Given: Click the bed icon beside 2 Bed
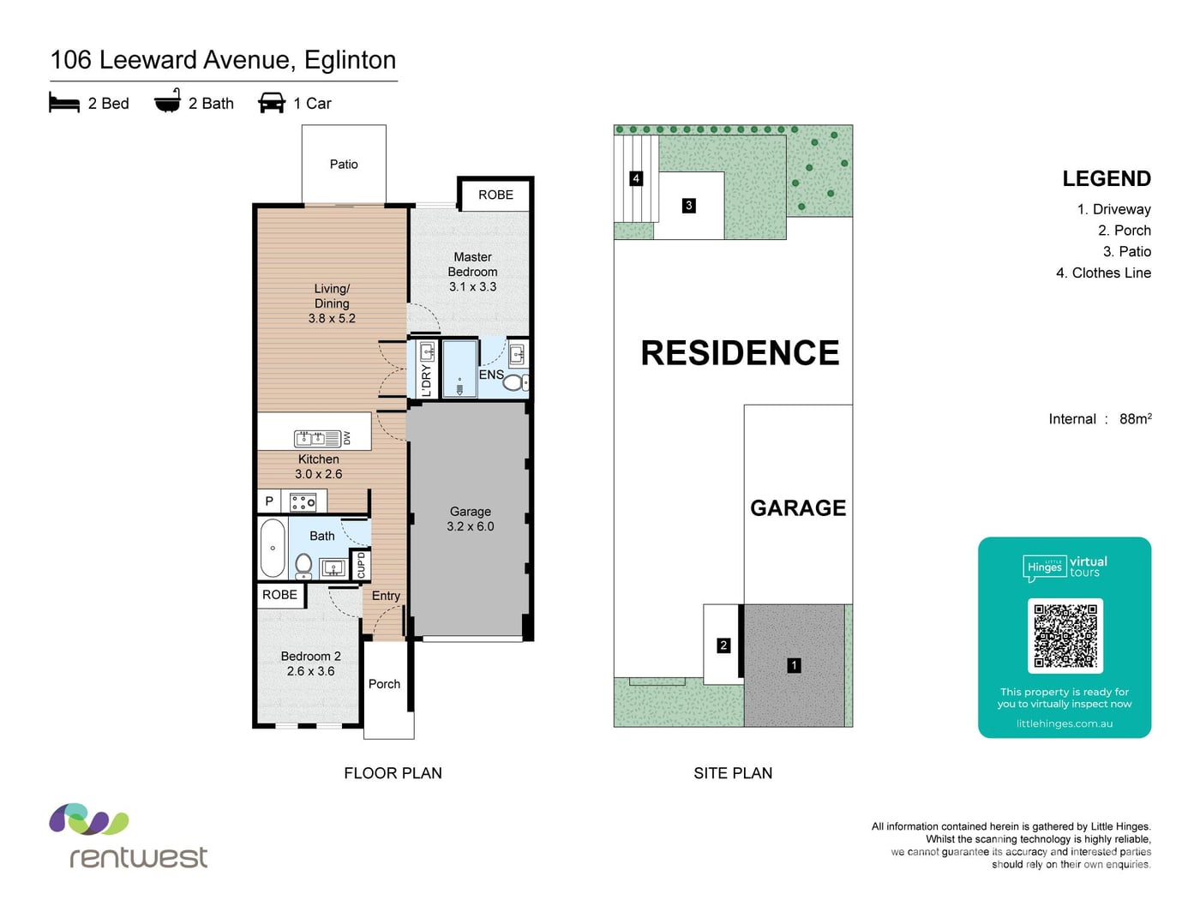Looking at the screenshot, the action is (x=64, y=102).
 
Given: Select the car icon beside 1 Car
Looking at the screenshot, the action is (x=271, y=103).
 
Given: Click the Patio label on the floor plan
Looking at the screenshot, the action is (x=344, y=164).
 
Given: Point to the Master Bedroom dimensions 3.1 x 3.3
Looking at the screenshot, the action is (x=472, y=286).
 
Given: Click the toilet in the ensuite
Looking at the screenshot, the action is (x=514, y=382).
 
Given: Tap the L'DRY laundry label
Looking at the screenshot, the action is (x=426, y=381).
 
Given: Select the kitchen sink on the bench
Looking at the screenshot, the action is (x=316, y=438).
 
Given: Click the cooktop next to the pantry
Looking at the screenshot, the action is (x=303, y=502).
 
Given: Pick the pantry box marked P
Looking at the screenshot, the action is (x=269, y=501).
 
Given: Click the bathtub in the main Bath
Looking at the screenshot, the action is (x=273, y=548).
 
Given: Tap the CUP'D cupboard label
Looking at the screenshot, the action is (x=361, y=565).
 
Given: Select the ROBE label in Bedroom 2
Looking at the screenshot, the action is (x=279, y=595).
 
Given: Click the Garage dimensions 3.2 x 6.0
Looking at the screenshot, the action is (x=471, y=526).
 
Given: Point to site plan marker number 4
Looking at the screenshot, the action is (x=635, y=178).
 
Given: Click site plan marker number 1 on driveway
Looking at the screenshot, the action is (x=794, y=666).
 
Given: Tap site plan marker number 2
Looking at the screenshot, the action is (x=723, y=645).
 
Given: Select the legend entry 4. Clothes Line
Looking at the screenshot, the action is (x=1103, y=273).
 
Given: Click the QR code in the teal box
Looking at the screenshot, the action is (x=1065, y=635).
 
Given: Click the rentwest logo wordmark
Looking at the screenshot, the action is (x=138, y=857).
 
